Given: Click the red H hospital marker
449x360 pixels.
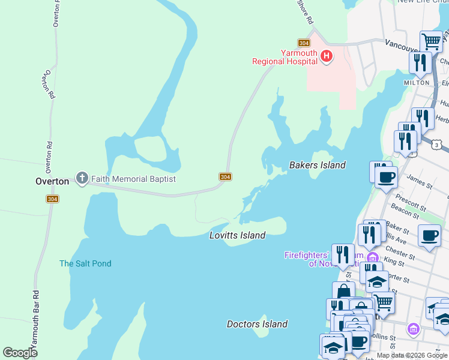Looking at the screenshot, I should click(x=326, y=56).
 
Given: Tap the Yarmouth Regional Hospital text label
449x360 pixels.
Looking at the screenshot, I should click(x=285, y=57).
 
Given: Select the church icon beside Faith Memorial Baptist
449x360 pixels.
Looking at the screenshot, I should click(x=82, y=178).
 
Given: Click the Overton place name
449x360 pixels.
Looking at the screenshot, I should click(x=51, y=181).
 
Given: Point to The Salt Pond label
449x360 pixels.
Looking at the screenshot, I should click(x=85, y=263).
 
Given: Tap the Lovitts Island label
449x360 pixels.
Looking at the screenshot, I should click(x=237, y=235).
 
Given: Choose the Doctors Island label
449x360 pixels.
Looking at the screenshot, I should click(x=257, y=324).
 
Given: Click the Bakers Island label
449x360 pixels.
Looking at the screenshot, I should click(x=318, y=165).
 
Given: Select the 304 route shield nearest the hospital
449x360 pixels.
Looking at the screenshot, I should click(x=304, y=43).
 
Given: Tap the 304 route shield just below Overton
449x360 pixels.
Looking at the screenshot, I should click(x=52, y=199).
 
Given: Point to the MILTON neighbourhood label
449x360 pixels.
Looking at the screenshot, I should click(x=417, y=82).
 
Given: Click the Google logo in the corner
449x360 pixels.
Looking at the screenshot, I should click(x=20, y=353).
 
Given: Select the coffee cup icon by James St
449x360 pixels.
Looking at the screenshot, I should click(x=386, y=176).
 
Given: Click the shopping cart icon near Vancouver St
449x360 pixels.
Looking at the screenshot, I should click(x=431, y=41).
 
